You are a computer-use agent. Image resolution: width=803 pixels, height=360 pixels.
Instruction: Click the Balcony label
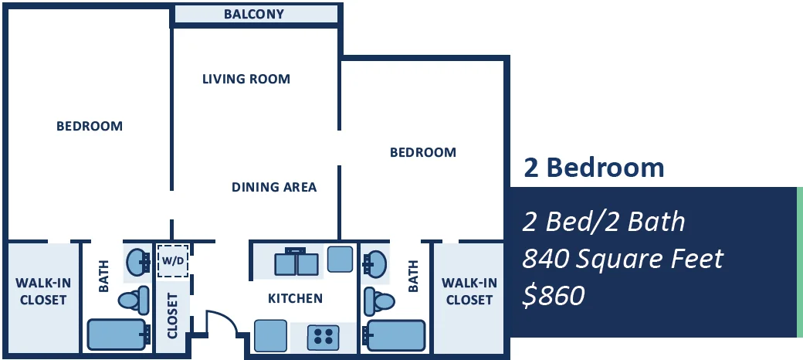click(253, 14)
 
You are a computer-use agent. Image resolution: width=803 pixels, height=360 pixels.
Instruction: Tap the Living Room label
click(246, 79)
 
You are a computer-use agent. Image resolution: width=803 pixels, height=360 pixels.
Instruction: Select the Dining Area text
click(274, 187)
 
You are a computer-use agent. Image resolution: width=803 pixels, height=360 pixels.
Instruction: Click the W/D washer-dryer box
click(173, 261)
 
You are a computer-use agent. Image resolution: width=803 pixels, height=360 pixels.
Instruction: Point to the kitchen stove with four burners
click(323, 337)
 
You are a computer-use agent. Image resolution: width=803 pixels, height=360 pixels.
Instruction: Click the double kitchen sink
click(296, 262)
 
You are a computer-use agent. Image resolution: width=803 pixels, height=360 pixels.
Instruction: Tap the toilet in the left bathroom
click(134, 299)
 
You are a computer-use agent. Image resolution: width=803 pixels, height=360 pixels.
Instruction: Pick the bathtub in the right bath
click(395, 336)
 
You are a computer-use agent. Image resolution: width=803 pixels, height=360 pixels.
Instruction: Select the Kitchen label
click(296, 298)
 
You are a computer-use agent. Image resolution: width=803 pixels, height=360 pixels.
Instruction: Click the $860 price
click(554, 295)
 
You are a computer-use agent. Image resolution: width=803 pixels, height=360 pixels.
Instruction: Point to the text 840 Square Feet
click(622, 259)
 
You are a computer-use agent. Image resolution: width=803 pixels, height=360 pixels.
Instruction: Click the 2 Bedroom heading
click(594, 168)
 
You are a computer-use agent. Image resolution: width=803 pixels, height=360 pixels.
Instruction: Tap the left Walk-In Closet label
click(43, 291)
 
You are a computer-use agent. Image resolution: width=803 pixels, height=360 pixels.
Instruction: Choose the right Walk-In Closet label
click(469, 291)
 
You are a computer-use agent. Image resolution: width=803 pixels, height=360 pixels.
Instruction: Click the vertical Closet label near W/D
click(172, 315)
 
